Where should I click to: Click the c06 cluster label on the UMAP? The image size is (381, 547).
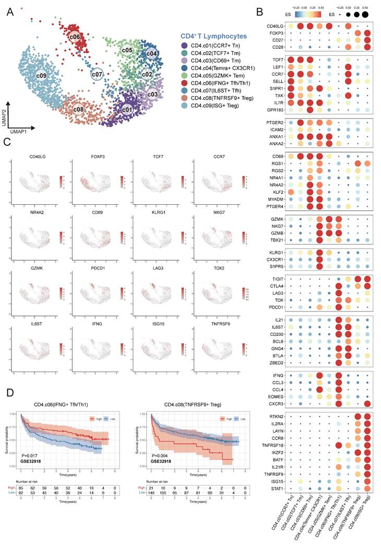[75, 38]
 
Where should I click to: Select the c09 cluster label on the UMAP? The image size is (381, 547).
[41, 76]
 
